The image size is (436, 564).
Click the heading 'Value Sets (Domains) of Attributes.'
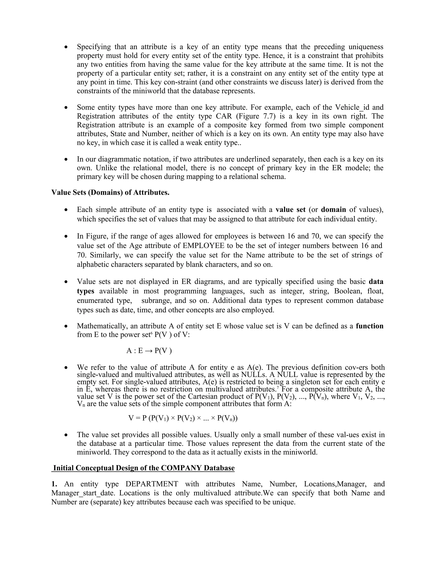click(x=110, y=192)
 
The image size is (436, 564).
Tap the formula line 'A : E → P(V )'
click(x=149, y=351)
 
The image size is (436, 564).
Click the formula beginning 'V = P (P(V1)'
click(x=183, y=418)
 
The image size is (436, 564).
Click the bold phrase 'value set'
click(x=291, y=209)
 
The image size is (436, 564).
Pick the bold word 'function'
click(x=369, y=326)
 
